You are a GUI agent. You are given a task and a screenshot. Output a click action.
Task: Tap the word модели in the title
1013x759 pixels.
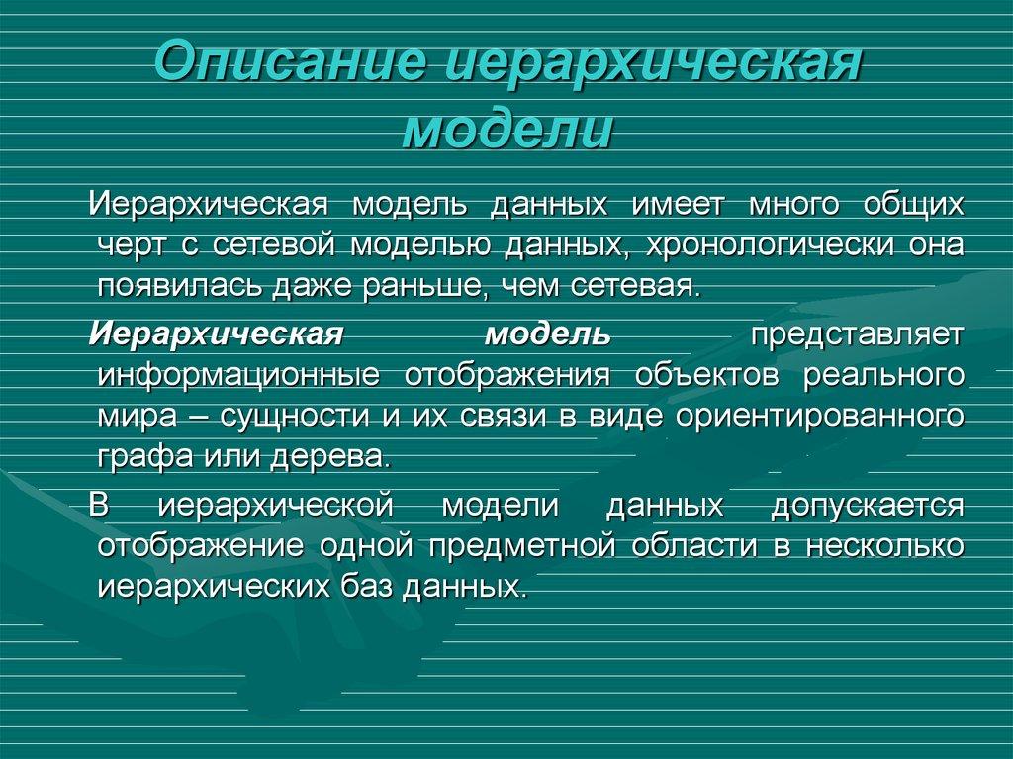506,130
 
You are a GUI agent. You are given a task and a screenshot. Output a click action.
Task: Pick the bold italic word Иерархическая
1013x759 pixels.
216,332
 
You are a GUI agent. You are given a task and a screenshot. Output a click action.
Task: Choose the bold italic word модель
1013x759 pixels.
547,332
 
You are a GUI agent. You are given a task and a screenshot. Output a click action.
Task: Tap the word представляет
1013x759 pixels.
857,332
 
